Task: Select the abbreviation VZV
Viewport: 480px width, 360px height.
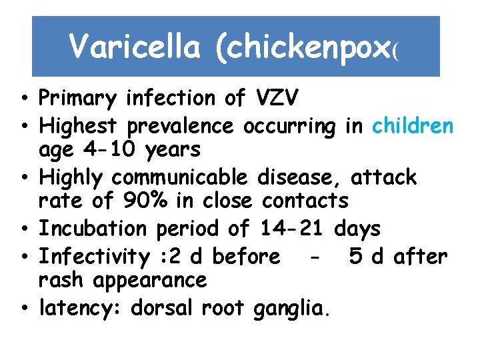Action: [x=277, y=98]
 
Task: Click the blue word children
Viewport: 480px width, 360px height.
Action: [x=413, y=125]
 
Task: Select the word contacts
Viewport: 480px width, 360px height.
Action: [x=305, y=200]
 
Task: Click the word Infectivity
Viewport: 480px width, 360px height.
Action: [x=94, y=256]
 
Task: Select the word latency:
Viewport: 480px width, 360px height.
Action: [x=80, y=309]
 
